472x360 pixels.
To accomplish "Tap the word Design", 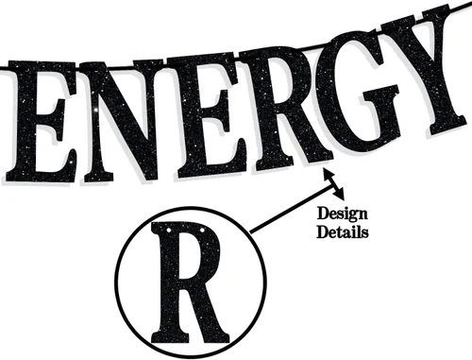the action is click(x=342, y=214).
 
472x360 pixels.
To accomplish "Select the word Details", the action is click(x=343, y=231).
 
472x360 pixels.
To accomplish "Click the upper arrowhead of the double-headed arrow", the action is click(x=328, y=173).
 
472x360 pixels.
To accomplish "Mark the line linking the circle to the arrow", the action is click(x=292, y=210).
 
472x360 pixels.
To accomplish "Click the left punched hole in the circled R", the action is click(x=169, y=230).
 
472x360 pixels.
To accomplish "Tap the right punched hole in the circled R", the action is click(x=201, y=231).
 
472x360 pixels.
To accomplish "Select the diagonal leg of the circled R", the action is click(x=210, y=312).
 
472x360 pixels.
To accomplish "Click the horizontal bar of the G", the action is click(x=379, y=92).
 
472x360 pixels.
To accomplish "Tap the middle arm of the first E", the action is click(x=54, y=117).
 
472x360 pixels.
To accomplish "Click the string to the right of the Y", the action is click(x=460, y=9).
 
